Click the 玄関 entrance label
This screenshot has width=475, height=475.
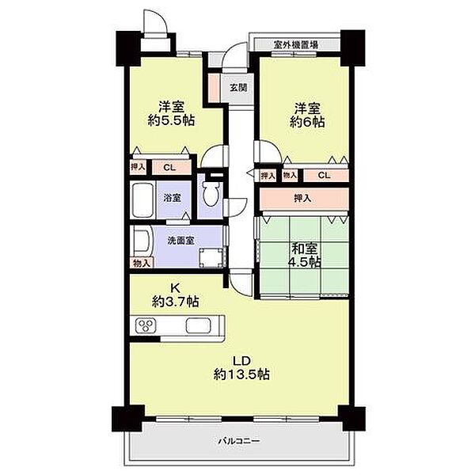(x=238, y=88)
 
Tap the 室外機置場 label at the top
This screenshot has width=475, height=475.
(x=295, y=45)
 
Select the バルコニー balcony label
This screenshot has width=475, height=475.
(x=239, y=440)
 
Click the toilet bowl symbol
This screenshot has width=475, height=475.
(x=211, y=194)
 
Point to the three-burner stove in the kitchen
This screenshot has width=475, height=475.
(x=146, y=325)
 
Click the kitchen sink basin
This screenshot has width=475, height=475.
(x=198, y=326)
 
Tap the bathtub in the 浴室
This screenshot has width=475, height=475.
(x=142, y=200)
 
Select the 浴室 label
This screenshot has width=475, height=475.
(x=172, y=198)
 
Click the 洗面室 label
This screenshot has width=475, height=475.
(x=180, y=241)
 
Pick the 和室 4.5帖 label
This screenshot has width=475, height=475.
(x=306, y=256)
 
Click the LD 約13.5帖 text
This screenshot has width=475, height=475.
(x=241, y=368)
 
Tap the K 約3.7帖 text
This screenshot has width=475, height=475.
(x=176, y=294)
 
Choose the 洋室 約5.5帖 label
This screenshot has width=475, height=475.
(x=172, y=113)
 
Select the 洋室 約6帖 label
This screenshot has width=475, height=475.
(x=307, y=115)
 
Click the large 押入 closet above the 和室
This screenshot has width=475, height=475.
(x=304, y=199)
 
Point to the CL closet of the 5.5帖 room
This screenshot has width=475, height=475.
(x=171, y=168)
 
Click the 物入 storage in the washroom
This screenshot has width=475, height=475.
(x=142, y=263)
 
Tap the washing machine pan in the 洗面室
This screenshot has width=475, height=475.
(x=211, y=258)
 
